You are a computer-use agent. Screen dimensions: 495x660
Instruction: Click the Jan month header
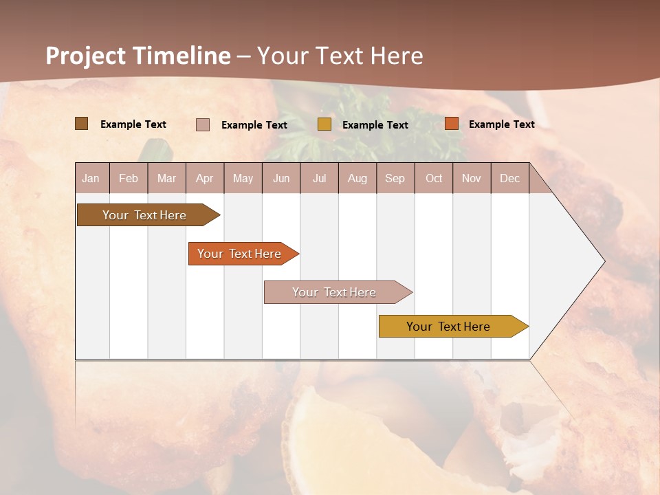click(x=91, y=179)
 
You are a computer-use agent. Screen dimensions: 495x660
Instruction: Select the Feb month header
click(x=129, y=179)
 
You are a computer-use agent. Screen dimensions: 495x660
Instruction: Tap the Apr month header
click(x=205, y=179)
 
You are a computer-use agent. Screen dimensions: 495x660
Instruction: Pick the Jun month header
click(x=281, y=179)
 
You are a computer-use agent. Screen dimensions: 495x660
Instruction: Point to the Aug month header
click(x=357, y=179)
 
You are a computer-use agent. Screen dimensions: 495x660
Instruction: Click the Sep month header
click(x=395, y=179)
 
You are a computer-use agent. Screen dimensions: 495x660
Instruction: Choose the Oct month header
click(x=434, y=179)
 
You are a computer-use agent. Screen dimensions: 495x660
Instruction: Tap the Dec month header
click(x=510, y=179)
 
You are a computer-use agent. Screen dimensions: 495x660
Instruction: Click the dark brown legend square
click(x=82, y=124)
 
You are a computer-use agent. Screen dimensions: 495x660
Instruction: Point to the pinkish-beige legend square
click(x=203, y=124)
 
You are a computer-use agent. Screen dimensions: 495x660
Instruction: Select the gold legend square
click(x=324, y=124)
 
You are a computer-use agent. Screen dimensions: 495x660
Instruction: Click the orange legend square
click(x=452, y=124)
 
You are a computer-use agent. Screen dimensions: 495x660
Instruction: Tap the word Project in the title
click(x=86, y=56)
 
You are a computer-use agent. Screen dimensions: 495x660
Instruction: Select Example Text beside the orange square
click(x=501, y=124)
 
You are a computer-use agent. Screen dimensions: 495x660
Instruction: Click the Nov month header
click(x=472, y=179)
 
